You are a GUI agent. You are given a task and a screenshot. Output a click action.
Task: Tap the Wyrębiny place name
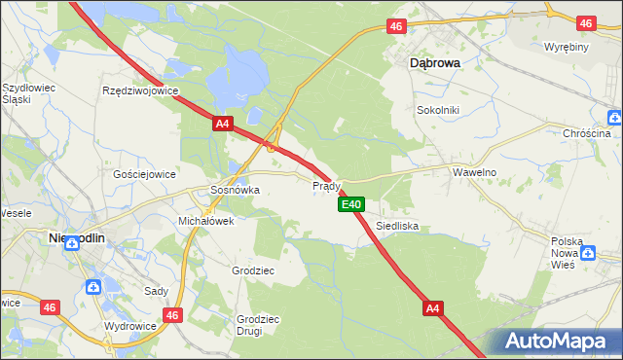567,47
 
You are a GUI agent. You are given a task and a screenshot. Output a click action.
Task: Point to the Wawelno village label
475,171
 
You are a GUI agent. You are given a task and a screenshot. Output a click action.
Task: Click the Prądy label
325,185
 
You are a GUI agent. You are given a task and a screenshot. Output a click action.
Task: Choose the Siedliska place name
397,225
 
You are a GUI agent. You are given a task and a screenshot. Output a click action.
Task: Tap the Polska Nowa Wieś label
567,251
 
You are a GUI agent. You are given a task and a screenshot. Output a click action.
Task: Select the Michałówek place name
205,221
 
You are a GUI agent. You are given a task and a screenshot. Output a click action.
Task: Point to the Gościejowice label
144,174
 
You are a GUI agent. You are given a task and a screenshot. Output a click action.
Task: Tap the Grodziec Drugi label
258,324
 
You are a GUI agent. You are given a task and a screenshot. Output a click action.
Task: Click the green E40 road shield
351,204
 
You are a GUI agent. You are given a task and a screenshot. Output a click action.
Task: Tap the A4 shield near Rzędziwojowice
223,124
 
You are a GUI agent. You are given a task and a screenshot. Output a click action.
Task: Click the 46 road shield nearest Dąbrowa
395,26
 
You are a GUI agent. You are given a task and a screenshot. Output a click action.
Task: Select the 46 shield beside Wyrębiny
585,22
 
